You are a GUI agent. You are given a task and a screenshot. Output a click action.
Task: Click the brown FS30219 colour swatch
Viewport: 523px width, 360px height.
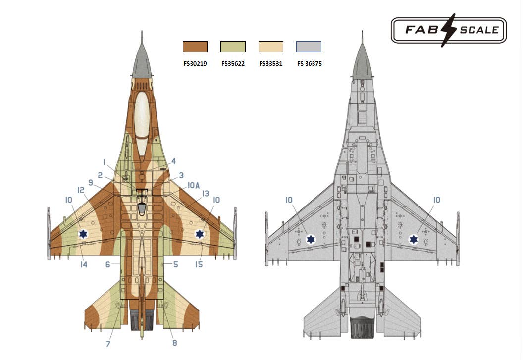point(195,47)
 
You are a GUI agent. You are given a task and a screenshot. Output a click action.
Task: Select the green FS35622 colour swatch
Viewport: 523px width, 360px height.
point(233,47)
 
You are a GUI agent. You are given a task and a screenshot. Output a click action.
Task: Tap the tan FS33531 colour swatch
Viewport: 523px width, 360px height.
point(271,47)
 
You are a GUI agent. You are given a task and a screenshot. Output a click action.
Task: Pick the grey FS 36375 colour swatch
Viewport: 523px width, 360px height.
point(309,47)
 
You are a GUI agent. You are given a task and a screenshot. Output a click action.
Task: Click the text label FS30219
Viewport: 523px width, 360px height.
point(195,64)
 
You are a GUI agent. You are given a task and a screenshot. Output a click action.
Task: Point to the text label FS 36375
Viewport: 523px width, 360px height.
point(310,64)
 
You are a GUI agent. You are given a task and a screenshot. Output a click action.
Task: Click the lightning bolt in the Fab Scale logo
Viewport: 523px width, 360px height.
point(448,30)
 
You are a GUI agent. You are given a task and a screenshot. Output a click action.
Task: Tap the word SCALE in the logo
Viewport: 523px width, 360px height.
point(479,30)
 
